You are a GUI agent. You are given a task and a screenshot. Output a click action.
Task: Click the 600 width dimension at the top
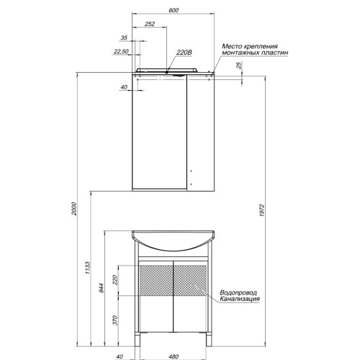tap(174, 10)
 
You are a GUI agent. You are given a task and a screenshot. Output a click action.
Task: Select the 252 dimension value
tap(150, 24)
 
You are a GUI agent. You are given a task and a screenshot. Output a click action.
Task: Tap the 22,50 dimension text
tap(121, 51)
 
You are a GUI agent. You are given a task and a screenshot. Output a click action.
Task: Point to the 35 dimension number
tap(124, 37)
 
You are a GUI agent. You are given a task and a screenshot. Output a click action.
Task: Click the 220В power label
tap(184, 53)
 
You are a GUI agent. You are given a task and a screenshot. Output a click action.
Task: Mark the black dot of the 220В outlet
tap(166, 72)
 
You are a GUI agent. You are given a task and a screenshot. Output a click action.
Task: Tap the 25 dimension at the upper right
tap(239, 66)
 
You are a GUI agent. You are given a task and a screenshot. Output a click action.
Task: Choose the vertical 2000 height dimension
tap(74, 209)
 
